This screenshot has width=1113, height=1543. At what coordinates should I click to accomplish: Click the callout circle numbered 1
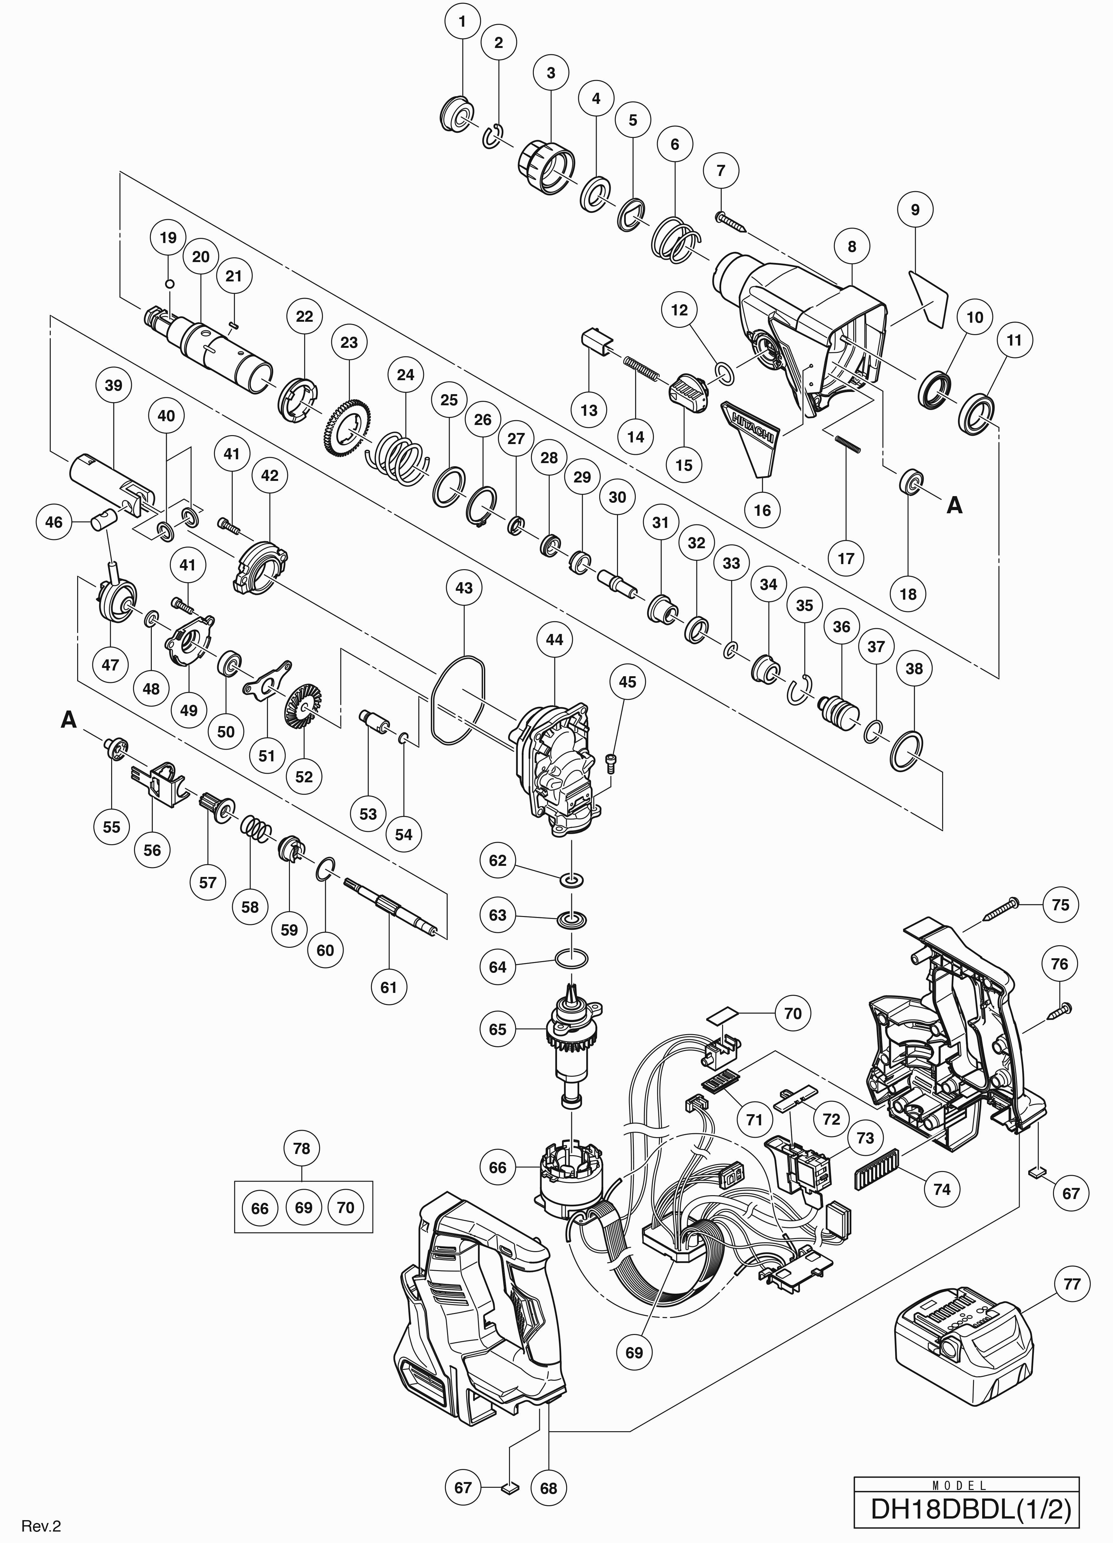click(463, 22)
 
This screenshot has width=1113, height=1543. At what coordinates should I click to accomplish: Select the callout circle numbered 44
click(554, 639)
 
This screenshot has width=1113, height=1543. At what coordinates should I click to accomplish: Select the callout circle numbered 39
click(114, 385)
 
